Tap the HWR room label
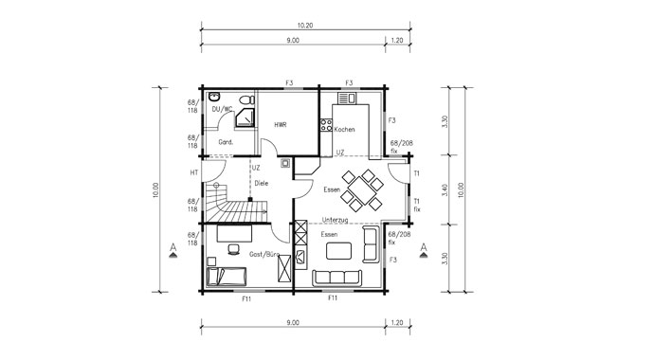click(281, 124)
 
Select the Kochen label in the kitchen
click(345, 129)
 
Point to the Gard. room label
click(227, 142)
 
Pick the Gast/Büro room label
click(263, 255)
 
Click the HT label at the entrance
click(193, 172)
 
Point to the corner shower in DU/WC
click(246, 117)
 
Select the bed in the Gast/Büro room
click(227, 276)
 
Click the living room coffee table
click(338, 251)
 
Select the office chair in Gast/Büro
click(233, 250)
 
